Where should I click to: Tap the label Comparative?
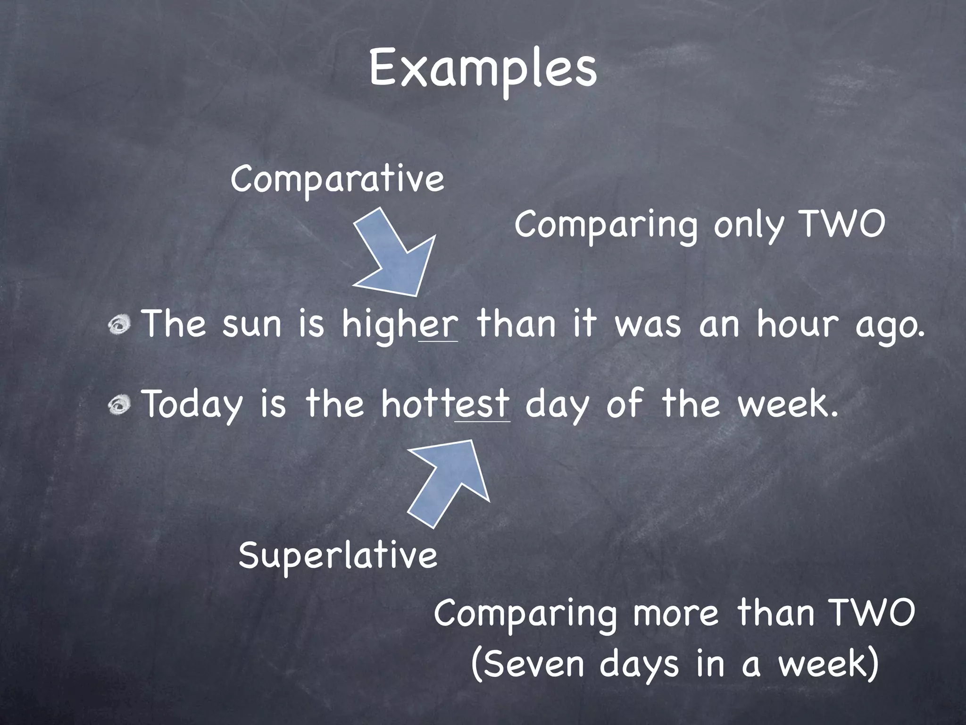(337, 179)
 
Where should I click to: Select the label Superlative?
(338, 556)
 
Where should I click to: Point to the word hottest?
(445, 405)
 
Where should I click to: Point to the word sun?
(251, 325)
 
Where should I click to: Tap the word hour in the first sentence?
(798, 325)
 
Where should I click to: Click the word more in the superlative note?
(675, 613)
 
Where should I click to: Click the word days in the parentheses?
(639, 665)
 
